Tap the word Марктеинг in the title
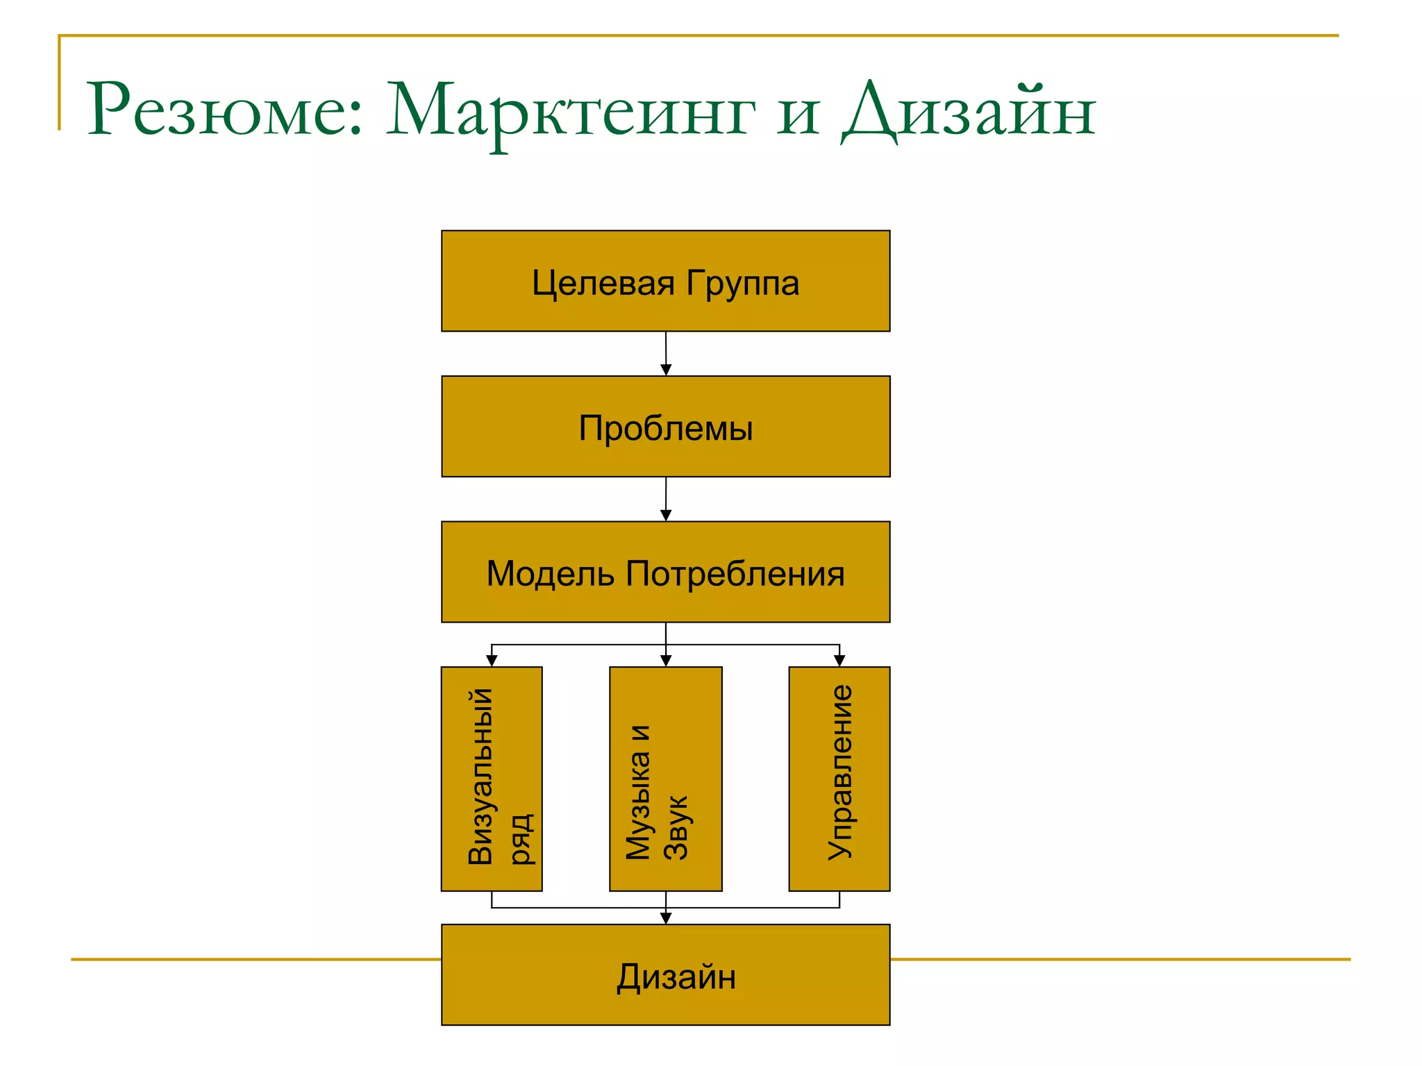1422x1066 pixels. [x=569, y=111]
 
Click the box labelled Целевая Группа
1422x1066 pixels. [x=665, y=281]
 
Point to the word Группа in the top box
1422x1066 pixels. [x=743, y=283]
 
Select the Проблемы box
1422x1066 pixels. [x=665, y=427]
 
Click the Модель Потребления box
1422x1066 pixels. [x=665, y=572]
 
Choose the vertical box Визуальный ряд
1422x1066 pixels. [x=492, y=779]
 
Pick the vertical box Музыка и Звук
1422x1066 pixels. [x=665, y=779]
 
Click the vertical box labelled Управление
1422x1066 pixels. [x=839, y=779]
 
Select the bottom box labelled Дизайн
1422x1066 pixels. [x=665, y=974]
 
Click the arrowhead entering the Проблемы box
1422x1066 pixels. [x=665, y=371]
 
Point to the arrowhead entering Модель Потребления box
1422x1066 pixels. [x=665, y=516]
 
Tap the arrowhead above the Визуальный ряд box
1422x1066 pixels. [x=492, y=661]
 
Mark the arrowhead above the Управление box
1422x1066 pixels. [x=839, y=661]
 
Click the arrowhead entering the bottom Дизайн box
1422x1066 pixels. [x=665, y=919]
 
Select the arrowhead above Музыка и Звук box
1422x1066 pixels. [x=665, y=661]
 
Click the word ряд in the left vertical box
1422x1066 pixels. [x=521, y=839]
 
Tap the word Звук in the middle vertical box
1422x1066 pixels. [x=676, y=827]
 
